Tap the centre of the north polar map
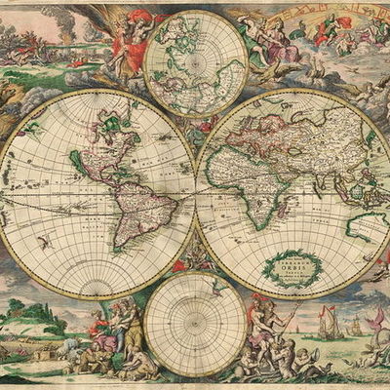[195, 63]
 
